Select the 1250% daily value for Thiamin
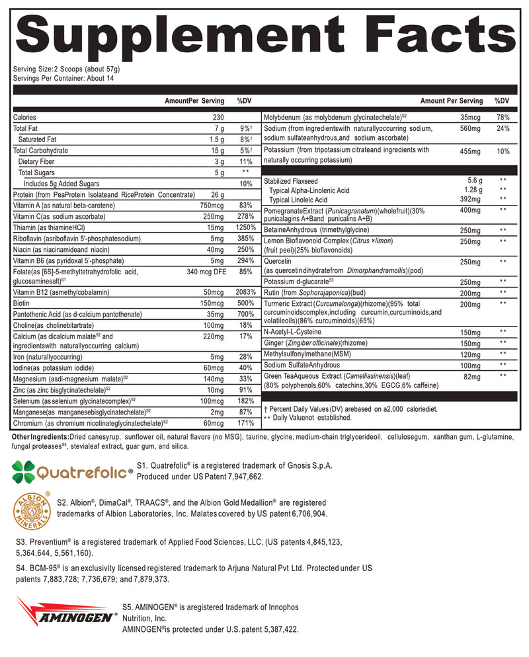(x=245, y=227)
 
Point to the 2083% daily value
(x=245, y=291)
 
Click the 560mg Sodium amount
(x=469, y=128)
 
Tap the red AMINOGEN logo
(x=65, y=615)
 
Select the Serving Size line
(x=66, y=69)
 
